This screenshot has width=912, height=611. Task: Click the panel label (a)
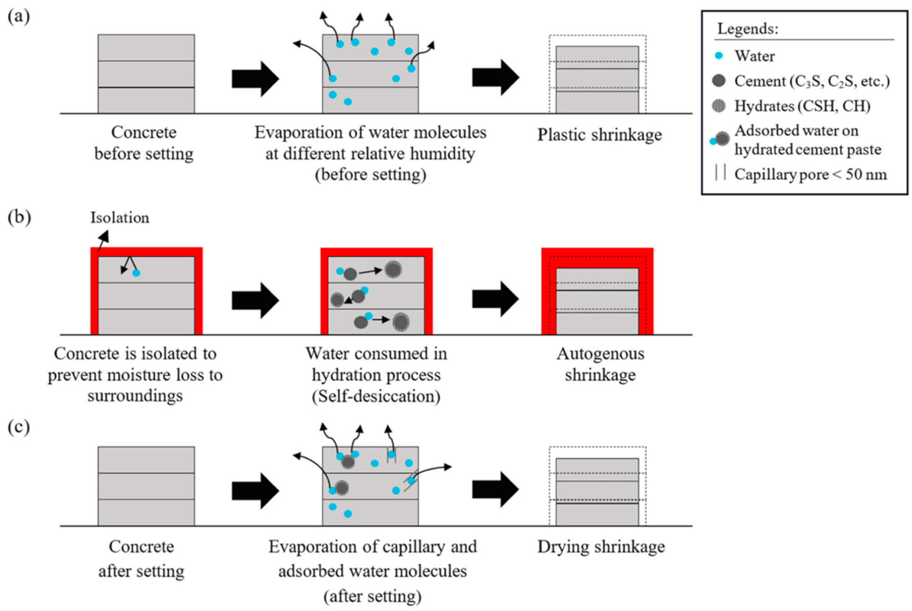coord(19,17)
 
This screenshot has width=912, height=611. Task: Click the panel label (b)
coord(19,218)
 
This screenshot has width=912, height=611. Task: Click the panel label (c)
coord(19,427)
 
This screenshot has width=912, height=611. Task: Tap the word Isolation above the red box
coord(120,218)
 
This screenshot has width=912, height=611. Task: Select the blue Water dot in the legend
coord(719,56)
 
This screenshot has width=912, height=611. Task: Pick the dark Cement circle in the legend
coord(719,81)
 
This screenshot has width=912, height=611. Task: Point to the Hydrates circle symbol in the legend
coord(719,106)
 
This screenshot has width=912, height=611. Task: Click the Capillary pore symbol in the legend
coord(720,172)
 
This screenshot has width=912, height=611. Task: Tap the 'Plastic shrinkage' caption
coord(600,135)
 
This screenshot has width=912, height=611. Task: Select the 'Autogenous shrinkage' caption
coord(600,364)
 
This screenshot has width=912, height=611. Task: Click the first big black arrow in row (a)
coord(255,79)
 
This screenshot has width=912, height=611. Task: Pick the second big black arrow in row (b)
coord(496,299)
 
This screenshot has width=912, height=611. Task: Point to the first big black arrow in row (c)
coord(255,491)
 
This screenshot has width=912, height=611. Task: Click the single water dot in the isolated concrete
coord(136,273)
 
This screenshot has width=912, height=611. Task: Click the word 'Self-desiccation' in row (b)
coord(376,396)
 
